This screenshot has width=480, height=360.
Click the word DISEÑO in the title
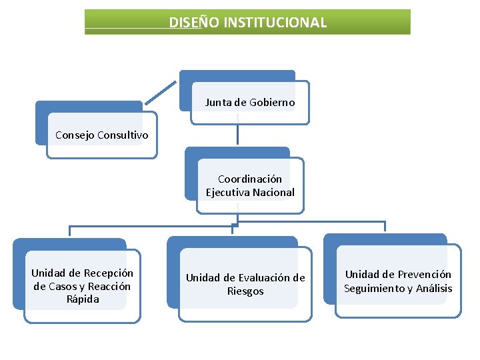(189, 23)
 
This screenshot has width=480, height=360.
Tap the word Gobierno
(271, 103)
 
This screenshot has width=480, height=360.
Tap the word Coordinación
(250, 179)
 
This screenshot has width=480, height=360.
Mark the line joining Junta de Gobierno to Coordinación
(237, 133)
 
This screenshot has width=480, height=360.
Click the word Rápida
(83, 299)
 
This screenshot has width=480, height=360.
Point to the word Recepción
(108, 273)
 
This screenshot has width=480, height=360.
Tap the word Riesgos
(245, 291)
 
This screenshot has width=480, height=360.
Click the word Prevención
(426, 275)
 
